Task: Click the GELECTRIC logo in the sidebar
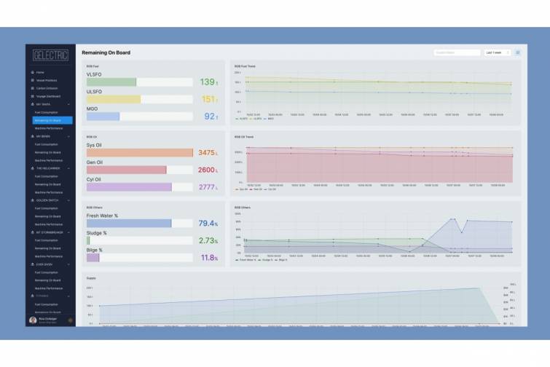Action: pyautogui.click(x=49, y=55)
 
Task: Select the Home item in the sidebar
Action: pyautogui.click(x=40, y=73)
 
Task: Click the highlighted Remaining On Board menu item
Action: pyautogui.click(x=49, y=120)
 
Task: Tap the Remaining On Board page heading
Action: pyautogui.click(x=106, y=53)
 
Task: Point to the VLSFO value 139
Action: pyautogui.click(x=207, y=82)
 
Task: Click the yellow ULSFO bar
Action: pyautogui.click(x=114, y=99)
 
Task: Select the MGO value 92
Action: pyautogui.click(x=209, y=117)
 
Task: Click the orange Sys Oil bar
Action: pyautogui.click(x=139, y=153)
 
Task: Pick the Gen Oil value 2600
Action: pyautogui.click(x=206, y=170)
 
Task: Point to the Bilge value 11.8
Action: pyautogui.click(x=208, y=258)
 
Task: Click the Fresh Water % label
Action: pyautogui.click(x=102, y=216)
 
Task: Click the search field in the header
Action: pyautogui.click(x=456, y=53)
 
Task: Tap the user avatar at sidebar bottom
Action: pyautogui.click(x=33, y=320)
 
